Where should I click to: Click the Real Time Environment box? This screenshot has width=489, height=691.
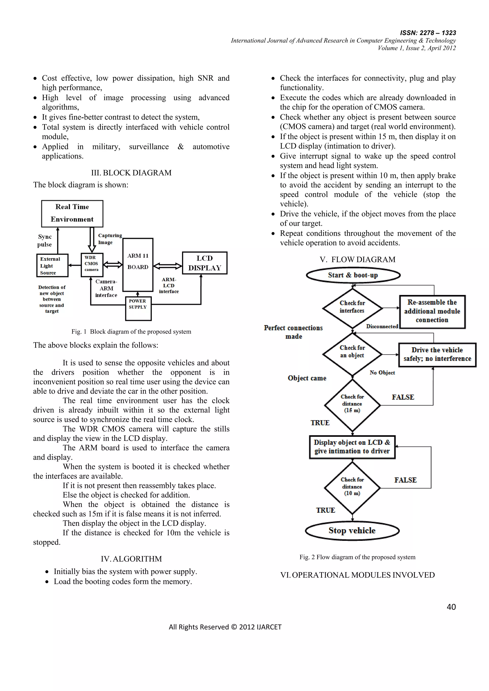(x=72, y=213)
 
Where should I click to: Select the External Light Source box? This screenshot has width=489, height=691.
(x=52, y=265)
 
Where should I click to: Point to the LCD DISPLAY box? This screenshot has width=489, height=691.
(x=205, y=263)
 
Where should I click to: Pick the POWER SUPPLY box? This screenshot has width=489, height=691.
(x=138, y=308)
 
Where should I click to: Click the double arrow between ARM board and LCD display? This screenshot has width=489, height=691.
(x=168, y=266)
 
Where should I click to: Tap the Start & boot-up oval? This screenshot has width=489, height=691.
(x=353, y=275)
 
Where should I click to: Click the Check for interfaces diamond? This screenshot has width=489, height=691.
(x=352, y=308)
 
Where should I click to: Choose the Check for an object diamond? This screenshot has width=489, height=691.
(x=352, y=354)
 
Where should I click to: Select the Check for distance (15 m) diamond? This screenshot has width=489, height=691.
(x=352, y=405)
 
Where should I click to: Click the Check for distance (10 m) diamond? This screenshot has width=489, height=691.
(x=352, y=488)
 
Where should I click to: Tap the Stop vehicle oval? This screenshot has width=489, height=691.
(x=352, y=530)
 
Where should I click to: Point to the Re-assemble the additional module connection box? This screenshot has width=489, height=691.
(x=432, y=311)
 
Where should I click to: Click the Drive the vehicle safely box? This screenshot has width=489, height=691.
(x=437, y=354)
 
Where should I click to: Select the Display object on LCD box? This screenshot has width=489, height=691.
(x=352, y=447)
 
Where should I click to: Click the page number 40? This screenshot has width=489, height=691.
(x=451, y=607)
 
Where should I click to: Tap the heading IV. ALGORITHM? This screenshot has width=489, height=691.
(x=131, y=559)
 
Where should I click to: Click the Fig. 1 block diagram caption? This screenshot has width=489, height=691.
(x=131, y=332)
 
